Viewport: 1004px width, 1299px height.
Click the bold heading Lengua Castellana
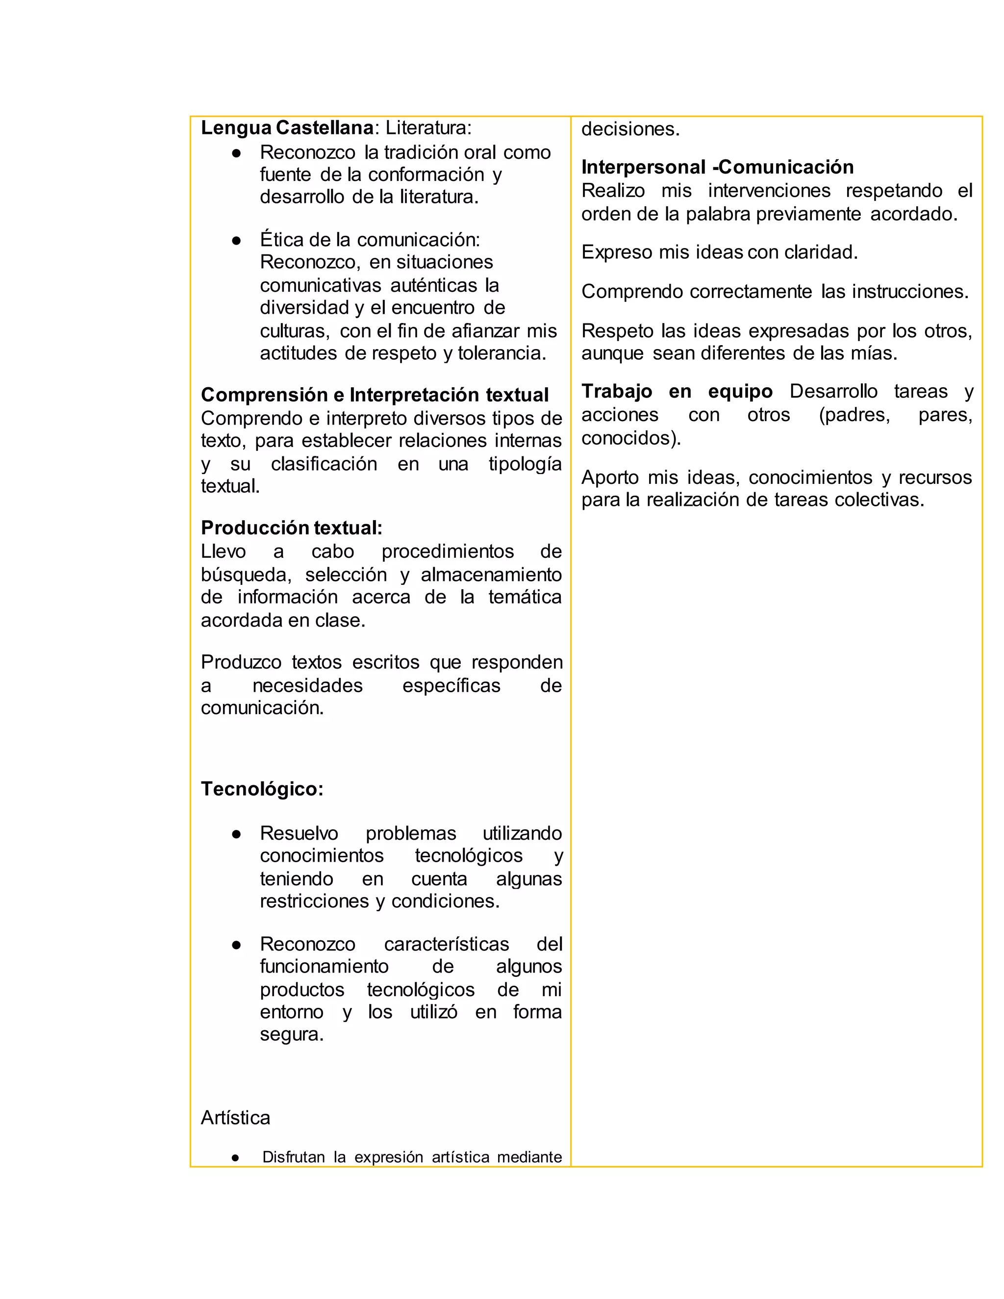tap(287, 128)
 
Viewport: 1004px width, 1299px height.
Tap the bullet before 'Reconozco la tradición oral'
tap(236, 153)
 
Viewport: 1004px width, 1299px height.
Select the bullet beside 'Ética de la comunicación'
tap(236, 241)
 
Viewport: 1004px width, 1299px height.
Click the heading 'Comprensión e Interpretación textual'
tap(375, 395)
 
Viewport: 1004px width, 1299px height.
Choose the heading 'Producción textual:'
tap(292, 528)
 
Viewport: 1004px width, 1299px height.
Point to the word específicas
tap(452, 686)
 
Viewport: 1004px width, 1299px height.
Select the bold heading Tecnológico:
tap(262, 789)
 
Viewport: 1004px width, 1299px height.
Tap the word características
tap(446, 945)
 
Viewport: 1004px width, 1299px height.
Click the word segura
tap(292, 1034)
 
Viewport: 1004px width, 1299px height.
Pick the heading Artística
tap(235, 1118)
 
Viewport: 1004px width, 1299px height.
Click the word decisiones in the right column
tap(630, 129)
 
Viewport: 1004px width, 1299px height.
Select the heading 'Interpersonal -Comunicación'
tap(717, 167)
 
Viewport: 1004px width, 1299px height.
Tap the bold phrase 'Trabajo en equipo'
tap(677, 391)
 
